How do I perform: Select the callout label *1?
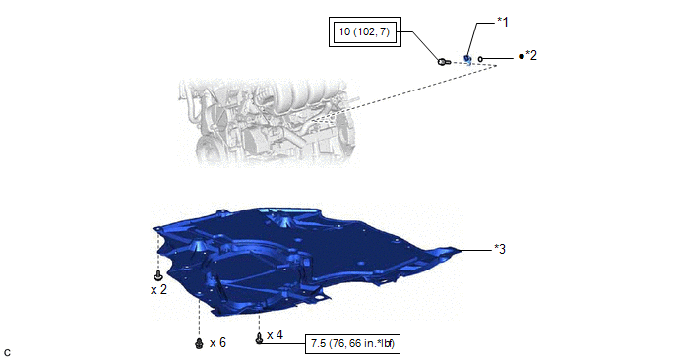coord(503,22)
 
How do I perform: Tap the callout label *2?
coord(531,56)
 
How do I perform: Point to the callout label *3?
coord(500,249)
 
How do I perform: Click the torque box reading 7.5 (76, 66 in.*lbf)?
coord(352,344)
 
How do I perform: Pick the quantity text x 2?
coord(158,289)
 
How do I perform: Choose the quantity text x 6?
coord(217,342)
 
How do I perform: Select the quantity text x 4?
coord(276,335)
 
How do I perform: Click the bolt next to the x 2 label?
coord(158,275)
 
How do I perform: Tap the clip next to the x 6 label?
coord(199,343)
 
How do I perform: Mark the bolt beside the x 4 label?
coord(259,338)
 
